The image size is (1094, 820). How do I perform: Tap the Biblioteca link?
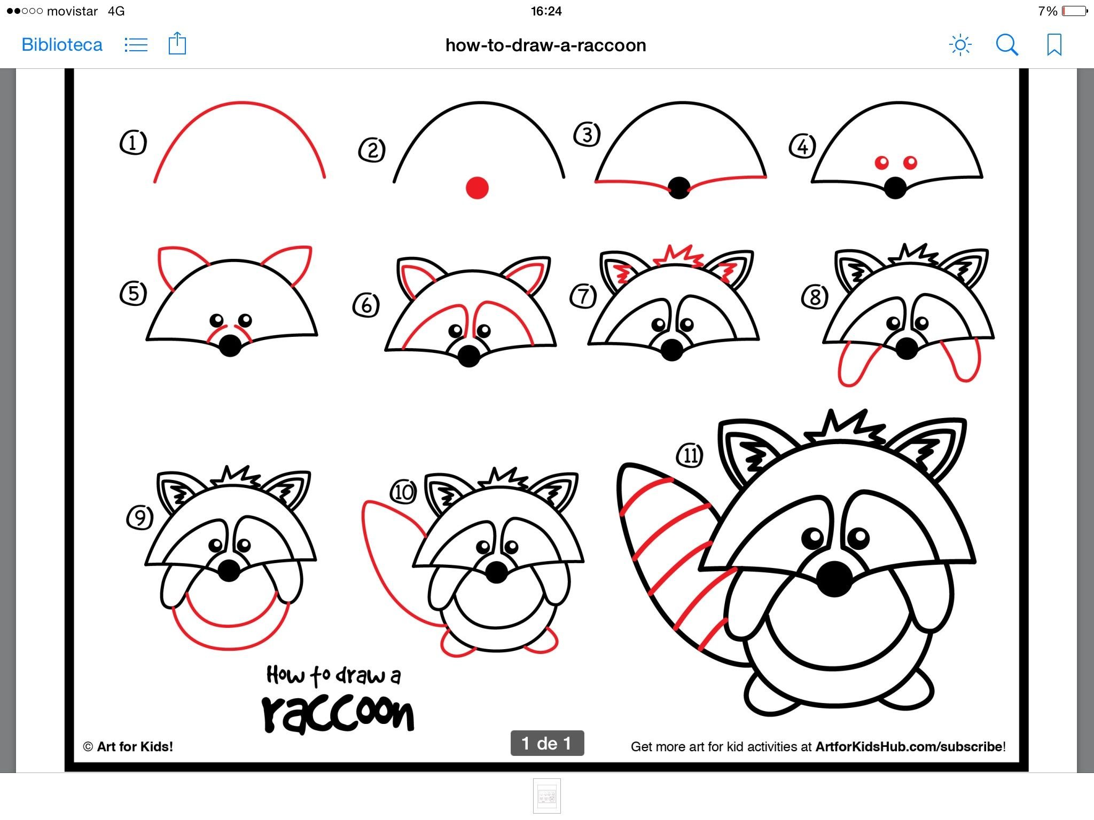(61, 45)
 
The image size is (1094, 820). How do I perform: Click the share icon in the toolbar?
(177, 43)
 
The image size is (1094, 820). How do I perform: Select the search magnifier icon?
(1007, 45)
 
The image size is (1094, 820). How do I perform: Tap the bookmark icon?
(1054, 45)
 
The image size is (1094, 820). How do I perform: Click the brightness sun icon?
(960, 45)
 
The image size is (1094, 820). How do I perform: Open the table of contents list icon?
(136, 45)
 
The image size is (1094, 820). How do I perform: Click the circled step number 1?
(133, 143)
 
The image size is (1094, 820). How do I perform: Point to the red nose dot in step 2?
(477, 188)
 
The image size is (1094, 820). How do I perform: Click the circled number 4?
(802, 146)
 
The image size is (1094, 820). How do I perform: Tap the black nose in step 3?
(679, 188)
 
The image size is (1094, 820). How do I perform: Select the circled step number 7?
(583, 296)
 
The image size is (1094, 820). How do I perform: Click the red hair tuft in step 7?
(678, 256)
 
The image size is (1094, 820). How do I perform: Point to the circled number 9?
(140, 517)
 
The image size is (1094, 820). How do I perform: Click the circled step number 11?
(690, 455)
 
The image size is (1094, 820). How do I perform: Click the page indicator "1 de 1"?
(547, 743)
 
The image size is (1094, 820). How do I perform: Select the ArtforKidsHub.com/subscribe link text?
(909, 746)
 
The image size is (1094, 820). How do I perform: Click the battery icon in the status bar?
(1075, 11)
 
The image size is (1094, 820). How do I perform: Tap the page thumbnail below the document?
(547, 796)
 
